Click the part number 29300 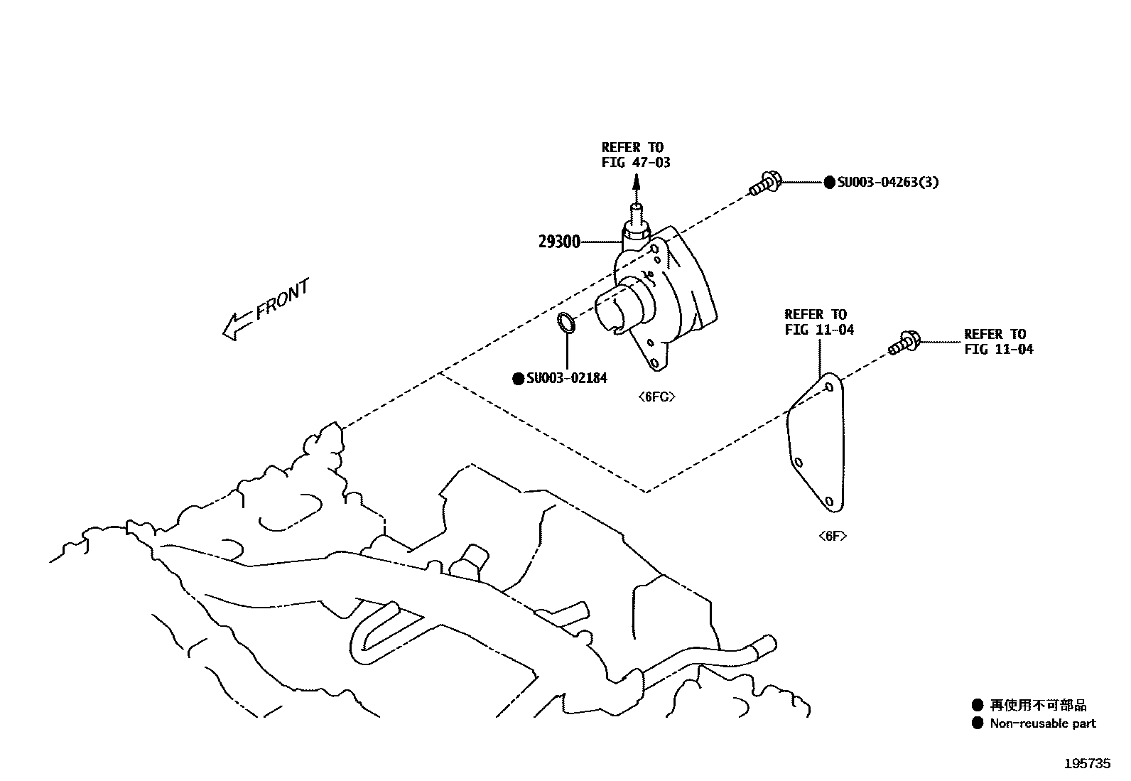(559, 242)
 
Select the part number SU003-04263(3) (888, 183)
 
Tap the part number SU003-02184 (566, 379)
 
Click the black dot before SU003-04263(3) (829, 183)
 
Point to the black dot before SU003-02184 (518, 379)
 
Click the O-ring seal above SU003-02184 (566, 323)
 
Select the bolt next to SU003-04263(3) (764, 184)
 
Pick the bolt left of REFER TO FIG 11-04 (904, 344)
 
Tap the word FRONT (282, 301)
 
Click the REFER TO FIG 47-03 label (635, 155)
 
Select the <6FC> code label (656, 397)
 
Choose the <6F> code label (832, 537)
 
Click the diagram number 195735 (1086, 763)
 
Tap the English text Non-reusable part (1042, 723)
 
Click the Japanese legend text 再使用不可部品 (1038, 706)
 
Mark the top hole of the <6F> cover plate (829, 388)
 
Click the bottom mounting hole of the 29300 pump (654, 362)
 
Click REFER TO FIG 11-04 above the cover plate (819, 322)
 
